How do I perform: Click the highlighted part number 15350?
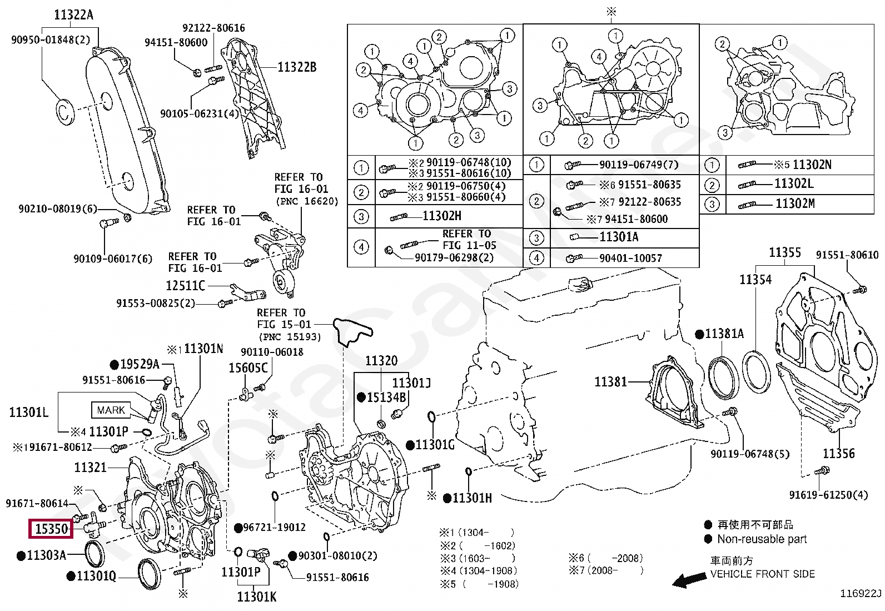51,529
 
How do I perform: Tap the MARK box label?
111,410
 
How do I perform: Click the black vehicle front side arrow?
689,580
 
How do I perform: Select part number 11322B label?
297,67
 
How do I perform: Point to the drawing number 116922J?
860,594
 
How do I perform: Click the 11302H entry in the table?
441,216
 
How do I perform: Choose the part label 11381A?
724,334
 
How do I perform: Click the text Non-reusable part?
762,539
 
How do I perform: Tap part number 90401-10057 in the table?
630,258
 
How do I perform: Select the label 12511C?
186,286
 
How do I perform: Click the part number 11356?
838,453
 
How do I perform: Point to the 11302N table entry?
812,165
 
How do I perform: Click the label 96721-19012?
274,527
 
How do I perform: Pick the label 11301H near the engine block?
471,498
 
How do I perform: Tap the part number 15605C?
248,368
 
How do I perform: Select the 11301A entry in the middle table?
618,237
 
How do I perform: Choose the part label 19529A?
140,364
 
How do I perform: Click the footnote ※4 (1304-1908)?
479,571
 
